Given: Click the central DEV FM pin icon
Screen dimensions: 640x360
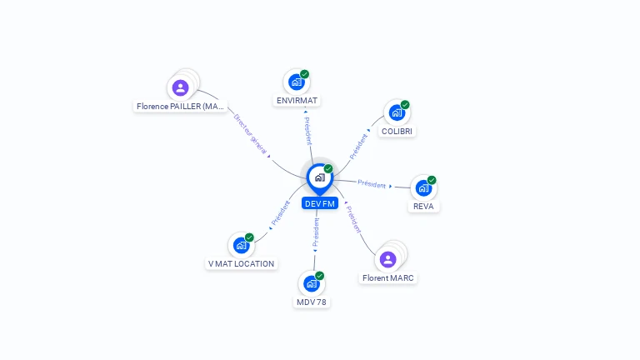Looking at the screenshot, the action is tap(320, 178).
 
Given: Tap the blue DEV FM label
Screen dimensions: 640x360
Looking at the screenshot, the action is tap(320, 203).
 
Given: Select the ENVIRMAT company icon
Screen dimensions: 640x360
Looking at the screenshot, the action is tap(297, 82).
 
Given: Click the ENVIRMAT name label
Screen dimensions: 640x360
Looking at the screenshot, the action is tap(297, 100).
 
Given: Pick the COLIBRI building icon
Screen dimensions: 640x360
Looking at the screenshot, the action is tap(397, 112).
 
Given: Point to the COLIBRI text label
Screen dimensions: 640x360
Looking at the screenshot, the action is tap(397, 132).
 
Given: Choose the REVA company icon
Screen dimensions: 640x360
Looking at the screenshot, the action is tap(423, 188).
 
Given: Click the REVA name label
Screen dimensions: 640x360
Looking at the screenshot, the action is tap(423, 207).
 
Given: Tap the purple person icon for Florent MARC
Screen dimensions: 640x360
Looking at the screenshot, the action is tap(387, 260).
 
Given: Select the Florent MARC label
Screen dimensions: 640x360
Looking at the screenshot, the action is tap(387, 278).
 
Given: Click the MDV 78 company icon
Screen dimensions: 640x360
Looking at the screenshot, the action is tap(312, 283).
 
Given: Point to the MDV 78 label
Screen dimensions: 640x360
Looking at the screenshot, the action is tap(312, 302).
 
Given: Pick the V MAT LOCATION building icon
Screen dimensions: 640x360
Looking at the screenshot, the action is tap(241, 245).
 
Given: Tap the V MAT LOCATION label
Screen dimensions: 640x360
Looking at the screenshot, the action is tap(241, 263).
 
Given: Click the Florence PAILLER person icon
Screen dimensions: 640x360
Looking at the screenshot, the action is tap(180, 87).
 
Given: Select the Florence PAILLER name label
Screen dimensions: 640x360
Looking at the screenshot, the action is tap(180, 106).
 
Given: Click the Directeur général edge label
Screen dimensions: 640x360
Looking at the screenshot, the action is tap(250, 134).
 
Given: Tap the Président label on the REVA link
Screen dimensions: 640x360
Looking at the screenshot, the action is tap(372, 184).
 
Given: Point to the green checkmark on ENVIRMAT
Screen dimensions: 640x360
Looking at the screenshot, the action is tap(304, 74).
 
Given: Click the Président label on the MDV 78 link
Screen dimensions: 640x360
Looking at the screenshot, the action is tap(317, 232).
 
